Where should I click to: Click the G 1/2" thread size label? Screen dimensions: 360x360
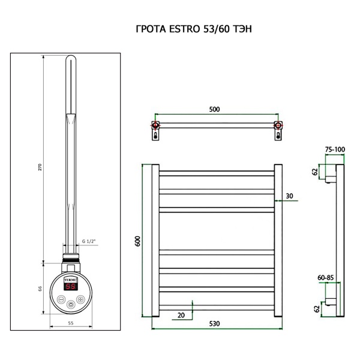coord(89,241)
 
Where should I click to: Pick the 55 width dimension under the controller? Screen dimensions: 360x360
coord(70,322)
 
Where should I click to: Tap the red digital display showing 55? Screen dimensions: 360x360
coord(71,287)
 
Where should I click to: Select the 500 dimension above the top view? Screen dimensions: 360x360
coord(215,109)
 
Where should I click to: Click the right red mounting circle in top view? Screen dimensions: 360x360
coord(277,126)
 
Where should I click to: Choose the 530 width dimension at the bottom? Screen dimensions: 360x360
coord(215,323)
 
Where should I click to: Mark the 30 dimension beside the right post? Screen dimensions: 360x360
coord(290,196)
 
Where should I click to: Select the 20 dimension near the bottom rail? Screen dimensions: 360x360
coord(181,315)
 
